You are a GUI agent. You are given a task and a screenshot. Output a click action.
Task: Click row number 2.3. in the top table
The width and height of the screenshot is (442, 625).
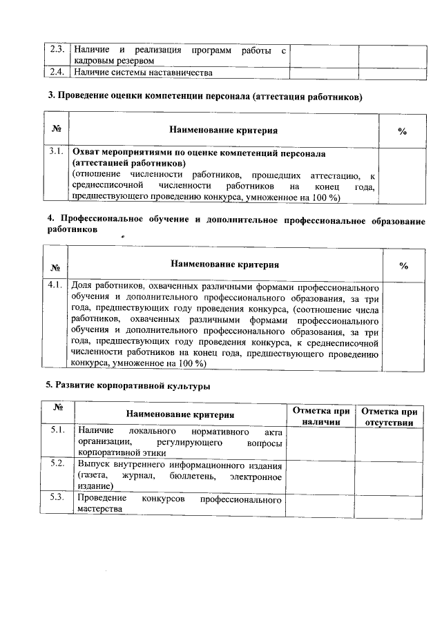coord(58,50)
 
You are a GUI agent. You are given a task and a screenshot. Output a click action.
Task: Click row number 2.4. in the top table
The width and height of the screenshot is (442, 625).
coord(58,72)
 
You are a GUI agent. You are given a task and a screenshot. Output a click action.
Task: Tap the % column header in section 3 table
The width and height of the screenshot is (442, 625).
coord(403,131)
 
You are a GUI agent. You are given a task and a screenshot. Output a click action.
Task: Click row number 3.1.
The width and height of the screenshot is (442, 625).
coord(57,151)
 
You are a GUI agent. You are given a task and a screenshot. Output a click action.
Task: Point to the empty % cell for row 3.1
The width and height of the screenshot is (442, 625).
coord(403,175)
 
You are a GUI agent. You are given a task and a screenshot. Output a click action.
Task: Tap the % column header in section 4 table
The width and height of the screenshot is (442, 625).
coord(404,265)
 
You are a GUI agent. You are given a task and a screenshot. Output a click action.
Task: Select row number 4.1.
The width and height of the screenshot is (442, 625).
coord(57,285)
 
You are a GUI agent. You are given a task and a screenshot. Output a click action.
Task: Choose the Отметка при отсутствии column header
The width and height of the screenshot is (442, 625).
coord(389,416)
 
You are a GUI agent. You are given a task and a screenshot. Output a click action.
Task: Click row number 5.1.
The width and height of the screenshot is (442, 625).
coord(58,430)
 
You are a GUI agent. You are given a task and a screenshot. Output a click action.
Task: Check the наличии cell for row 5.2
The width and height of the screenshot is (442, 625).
coord(320,474)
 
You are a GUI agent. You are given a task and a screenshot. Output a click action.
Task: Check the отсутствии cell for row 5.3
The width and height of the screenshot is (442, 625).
coord(389,504)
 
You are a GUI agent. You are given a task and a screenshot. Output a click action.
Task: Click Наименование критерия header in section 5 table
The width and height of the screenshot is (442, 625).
coord(180,414)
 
